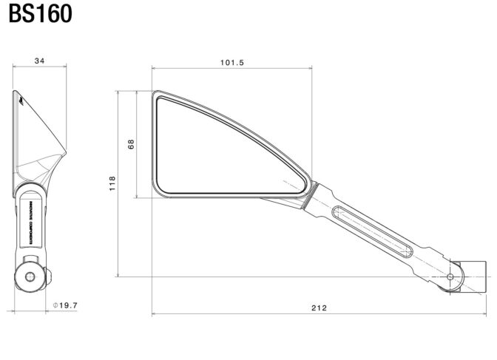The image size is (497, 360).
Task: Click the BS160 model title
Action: [x=41, y=15]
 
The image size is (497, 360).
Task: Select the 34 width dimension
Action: [x=40, y=62]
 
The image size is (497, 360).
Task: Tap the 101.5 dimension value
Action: [x=231, y=63]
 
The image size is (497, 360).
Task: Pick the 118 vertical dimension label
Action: [x=112, y=183]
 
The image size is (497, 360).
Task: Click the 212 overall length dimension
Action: [x=319, y=306]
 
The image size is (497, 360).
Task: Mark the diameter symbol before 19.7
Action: [x=56, y=305]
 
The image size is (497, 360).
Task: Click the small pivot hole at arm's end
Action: [x=450, y=276]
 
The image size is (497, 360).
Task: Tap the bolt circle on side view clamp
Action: [x=30, y=276]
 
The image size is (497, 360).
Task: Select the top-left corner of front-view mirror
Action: [x=156, y=94]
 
